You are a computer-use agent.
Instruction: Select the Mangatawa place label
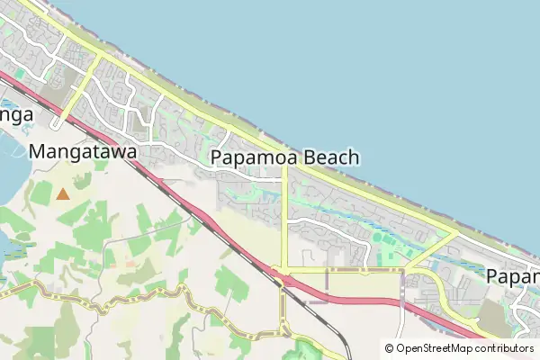tap(83, 152)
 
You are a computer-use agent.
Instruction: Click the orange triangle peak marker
tap(62, 193)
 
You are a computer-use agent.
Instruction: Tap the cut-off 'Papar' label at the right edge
tap(512, 276)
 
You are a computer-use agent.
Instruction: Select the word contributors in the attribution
tap(506, 348)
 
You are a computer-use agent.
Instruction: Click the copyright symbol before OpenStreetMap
tap(390, 348)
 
